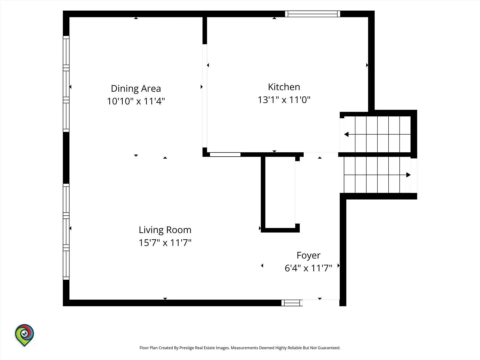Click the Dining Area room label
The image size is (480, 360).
pos(136,89)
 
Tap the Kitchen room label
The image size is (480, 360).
pos(284,87)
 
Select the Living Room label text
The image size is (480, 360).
pos(165,230)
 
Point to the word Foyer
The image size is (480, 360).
pos(308,256)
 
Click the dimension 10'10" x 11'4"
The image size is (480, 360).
pos(136,101)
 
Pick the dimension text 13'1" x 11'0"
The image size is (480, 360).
pos(284,100)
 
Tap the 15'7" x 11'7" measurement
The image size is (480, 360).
pos(165,243)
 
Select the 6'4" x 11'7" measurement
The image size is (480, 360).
pos(308,268)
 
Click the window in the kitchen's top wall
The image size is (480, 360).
pos(312,14)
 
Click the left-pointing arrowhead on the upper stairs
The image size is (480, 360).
pos(346,134)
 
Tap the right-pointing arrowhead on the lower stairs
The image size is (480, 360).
pos(408,175)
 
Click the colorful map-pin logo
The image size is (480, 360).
pos(24,335)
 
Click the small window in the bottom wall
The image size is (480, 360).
pos(292,303)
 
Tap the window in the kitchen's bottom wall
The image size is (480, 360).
pos(225,155)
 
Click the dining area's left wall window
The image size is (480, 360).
pos(66,84)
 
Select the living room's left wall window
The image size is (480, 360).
pos(66,232)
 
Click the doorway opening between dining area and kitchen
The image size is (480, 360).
pos(205,96)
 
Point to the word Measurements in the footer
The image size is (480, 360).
pos(244,348)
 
